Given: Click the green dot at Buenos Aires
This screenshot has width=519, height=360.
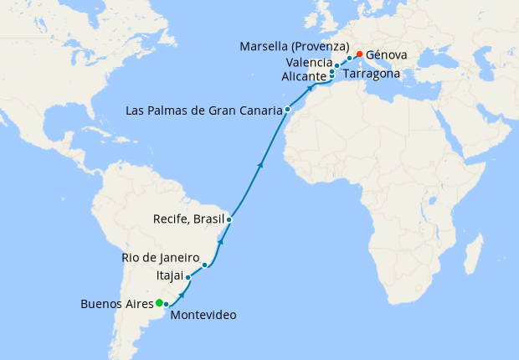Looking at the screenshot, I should pos(159,302).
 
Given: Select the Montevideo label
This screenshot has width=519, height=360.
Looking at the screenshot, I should pos(203,316).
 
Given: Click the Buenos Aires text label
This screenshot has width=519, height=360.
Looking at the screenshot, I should pos(116,303).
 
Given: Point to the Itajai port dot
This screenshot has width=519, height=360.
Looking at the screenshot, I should pos(188,276).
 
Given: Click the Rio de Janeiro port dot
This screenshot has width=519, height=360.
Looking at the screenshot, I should pos(205,265).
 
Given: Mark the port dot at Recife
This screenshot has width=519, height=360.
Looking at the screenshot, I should pos(229,219).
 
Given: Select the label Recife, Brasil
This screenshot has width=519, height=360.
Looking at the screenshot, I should pos(189,219).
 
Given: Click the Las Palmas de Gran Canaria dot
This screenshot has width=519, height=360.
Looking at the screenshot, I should pos(287,110).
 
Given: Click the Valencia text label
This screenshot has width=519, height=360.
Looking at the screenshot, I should pos(308,63).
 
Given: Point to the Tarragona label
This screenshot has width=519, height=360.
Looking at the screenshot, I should pos(372,74).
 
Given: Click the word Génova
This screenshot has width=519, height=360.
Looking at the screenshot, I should pos(387,54).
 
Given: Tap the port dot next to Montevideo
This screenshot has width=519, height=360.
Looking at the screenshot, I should pos(167,304).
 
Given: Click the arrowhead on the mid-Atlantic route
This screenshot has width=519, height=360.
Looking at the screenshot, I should pos(259,165).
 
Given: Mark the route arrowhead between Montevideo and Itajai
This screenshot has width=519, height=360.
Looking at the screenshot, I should pos(182,296).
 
